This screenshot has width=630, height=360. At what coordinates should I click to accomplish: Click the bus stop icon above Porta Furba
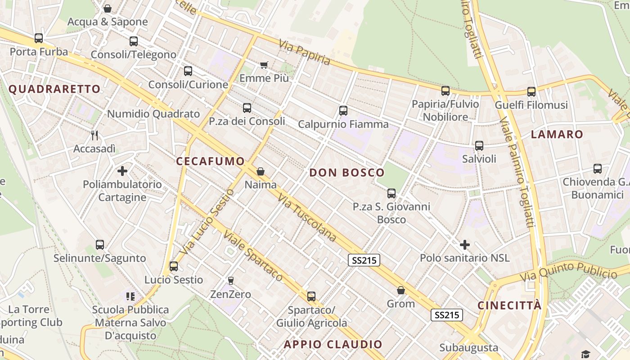click(39, 38)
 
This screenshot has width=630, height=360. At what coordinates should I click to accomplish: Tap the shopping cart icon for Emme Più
click(264, 65)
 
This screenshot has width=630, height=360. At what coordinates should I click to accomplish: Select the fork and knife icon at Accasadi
click(94, 135)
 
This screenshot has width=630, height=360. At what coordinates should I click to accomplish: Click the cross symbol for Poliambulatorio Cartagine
click(122, 171)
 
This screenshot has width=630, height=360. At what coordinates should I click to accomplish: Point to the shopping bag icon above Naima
click(260, 171)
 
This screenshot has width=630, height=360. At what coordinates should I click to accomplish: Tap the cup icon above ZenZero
click(231, 281)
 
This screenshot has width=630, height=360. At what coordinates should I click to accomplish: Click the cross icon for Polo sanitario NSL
click(465, 245)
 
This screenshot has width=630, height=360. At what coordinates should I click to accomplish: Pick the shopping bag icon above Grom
click(401, 290)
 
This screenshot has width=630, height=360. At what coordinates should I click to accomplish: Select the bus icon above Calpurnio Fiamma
click(343, 111)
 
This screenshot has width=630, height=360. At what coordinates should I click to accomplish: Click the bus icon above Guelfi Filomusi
click(531, 92)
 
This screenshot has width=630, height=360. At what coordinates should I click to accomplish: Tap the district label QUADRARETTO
click(54, 89)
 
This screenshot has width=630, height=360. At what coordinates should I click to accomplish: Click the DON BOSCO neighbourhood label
click(347, 172)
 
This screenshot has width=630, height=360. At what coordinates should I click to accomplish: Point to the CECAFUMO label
click(210, 161)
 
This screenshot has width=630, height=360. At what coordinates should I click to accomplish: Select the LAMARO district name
click(557, 134)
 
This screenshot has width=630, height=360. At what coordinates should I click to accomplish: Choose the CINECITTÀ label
click(509, 306)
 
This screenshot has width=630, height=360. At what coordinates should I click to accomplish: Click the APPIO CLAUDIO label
click(333, 345)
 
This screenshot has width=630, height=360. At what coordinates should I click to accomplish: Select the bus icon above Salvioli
click(479, 146)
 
